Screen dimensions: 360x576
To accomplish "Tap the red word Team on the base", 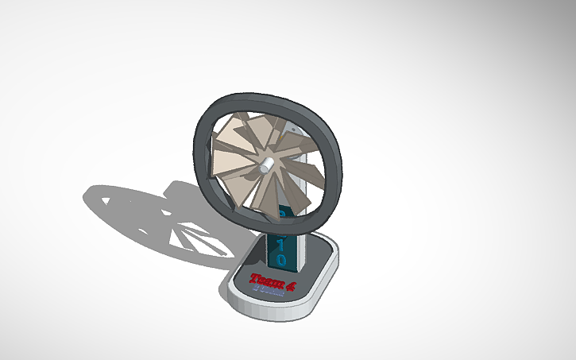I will point(261,279).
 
